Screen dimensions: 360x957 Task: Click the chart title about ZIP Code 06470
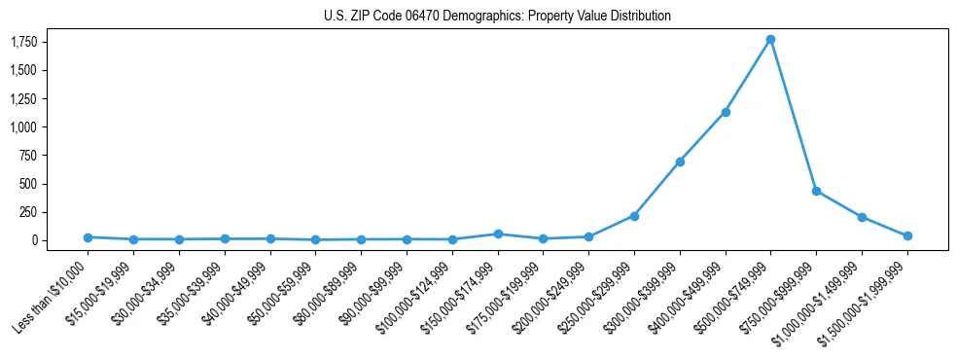pos(497,17)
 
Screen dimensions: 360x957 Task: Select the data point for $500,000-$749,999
pos(770,39)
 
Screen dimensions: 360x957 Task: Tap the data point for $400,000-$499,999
pos(725,112)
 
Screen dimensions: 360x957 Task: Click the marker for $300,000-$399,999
pos(680,162)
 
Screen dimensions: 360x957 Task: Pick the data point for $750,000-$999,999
pos(816,191)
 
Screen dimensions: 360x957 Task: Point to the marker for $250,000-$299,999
pos(634,216)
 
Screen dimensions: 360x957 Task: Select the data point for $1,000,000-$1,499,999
pos(862,217)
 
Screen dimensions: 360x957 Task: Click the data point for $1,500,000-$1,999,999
pos(907,235)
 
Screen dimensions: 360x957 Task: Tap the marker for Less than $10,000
pos(88,237)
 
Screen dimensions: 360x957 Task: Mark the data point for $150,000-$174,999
pos(498,234)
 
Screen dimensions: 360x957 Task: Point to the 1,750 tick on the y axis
pos(24,42)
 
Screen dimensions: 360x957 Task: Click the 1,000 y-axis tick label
pos(24,126)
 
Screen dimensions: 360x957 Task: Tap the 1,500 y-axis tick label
pos(24,70)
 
